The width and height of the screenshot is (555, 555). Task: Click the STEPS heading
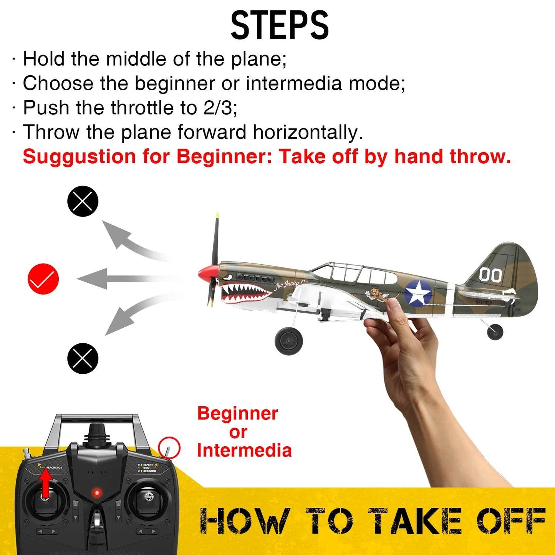click(279, 26)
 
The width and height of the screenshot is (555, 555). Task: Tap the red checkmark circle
click(43, 279)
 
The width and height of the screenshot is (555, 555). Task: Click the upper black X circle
click(83, 201)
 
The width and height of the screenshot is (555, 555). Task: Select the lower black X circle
click(83, 358)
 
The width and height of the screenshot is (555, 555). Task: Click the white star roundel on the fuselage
click(418, 293)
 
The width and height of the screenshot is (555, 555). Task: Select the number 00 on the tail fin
click(490, 275)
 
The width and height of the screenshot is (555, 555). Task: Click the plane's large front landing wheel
click(289, 341)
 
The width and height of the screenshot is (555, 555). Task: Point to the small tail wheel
click(495, 332)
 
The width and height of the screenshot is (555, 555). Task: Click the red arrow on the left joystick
click(45, 483)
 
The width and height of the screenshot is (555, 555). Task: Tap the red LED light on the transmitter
click(97, 492)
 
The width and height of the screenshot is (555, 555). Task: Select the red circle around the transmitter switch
click(169, 448)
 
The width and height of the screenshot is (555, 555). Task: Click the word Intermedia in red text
click(244, 451)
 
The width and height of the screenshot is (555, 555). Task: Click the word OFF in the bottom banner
click(511, 521)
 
